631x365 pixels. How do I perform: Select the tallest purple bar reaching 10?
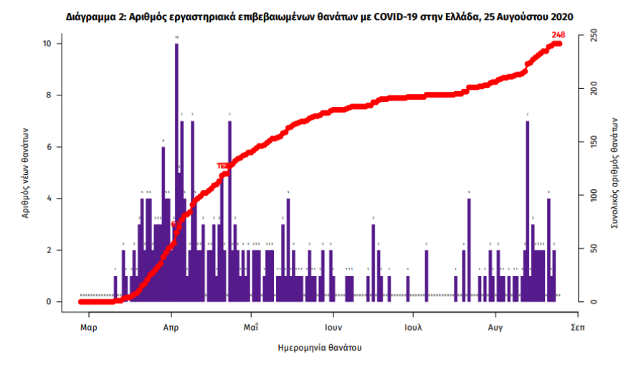tap(176, 172)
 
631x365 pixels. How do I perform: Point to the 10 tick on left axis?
tap(47, 44)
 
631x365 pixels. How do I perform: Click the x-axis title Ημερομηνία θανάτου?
tap(319, 348)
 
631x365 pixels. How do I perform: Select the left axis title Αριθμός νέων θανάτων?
tap(26, 172)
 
